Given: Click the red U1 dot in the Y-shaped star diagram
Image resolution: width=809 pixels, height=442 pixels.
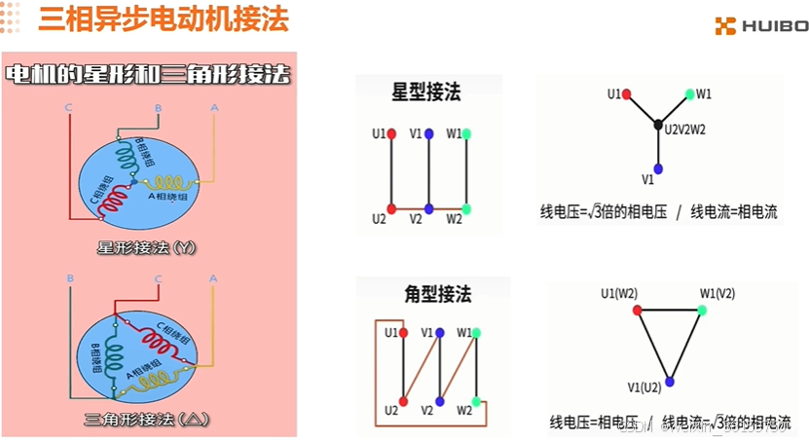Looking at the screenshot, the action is pos(628,94).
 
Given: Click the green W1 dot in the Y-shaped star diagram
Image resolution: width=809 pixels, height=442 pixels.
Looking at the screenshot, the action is pos(689,94).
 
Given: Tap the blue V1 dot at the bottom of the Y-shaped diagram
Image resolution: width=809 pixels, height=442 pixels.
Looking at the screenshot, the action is pos(658,168).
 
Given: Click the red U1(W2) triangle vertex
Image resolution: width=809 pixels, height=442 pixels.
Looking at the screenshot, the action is pos(638,310).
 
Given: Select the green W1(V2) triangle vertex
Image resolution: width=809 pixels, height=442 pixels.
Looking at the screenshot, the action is pos(700,310).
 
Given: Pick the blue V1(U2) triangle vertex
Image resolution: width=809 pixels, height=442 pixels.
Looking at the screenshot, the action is pos(669,381).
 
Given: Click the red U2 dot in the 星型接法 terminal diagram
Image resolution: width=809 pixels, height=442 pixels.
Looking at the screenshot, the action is pos(391,208).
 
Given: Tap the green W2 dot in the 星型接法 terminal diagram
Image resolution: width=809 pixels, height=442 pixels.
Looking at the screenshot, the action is pos(466,208).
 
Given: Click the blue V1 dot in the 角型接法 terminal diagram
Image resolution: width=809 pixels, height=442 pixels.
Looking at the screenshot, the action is pos(440,333).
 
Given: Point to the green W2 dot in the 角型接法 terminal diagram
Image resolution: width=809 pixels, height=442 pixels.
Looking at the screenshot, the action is pos(475,401).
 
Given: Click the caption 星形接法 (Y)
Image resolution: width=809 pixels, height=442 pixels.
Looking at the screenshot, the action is pos(147,247).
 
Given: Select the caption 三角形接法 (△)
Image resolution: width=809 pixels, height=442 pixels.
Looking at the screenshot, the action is pos(147,421).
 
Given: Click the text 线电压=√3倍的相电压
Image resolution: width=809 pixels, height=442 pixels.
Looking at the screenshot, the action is pos(604,212).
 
